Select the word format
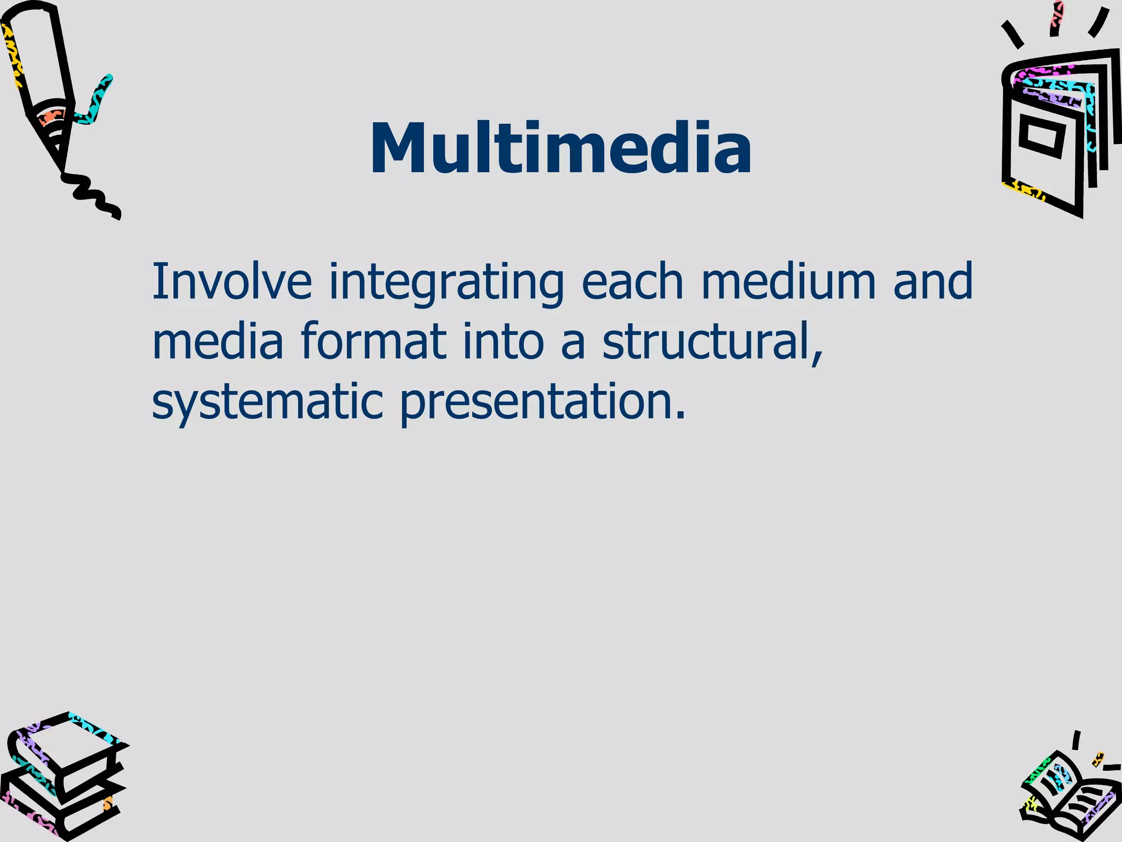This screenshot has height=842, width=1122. [x=373, y=341]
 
